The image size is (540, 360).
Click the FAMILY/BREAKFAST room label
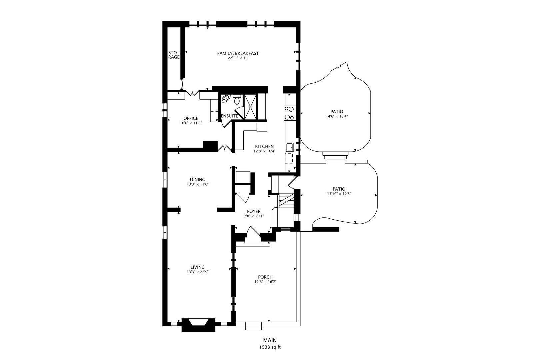(238, 53)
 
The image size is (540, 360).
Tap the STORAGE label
(174, 55)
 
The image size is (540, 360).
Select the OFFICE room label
(191, 118)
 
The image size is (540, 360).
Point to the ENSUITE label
(229, 116)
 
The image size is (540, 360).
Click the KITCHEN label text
(264, 146)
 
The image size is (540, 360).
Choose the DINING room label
(197, 180)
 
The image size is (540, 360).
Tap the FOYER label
(254, 211)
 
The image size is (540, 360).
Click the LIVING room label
(197, 267)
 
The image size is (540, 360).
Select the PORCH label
(265, 277)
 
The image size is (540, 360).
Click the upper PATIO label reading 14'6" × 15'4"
(337, 112)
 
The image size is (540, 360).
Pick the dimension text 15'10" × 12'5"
(339, 194)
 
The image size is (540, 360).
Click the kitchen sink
(290, 147)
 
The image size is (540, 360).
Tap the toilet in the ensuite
(237, 99)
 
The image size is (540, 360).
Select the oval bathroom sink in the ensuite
(226, 98)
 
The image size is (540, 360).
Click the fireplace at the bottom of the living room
(198, 325)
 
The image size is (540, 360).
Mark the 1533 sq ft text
(270, 347)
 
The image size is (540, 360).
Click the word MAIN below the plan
(270, 340)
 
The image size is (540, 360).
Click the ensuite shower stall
(250, 107)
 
